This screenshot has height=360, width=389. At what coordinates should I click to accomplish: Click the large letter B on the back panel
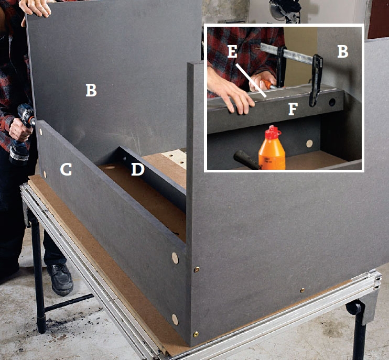tap(91, 90)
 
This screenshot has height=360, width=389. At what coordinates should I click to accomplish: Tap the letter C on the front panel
tap(66, 169)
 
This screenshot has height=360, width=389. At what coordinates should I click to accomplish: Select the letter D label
tap(138, 169)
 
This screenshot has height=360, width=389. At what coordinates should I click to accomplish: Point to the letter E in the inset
tap(232, 51)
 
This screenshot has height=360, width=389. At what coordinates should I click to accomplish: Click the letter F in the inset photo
tap(293, 109)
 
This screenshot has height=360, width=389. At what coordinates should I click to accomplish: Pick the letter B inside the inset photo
tap(343, 52)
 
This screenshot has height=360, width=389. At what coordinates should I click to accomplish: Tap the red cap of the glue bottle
tap(273, 132)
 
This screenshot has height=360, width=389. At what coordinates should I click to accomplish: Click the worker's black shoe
tap(60, 279)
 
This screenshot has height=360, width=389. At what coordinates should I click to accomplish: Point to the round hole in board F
tap(332, 102)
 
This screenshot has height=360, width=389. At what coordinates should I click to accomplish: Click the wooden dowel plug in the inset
tap(309, 143)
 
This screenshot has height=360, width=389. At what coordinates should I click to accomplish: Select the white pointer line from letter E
tap(251, 80)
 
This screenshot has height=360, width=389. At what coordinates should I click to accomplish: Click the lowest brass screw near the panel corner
tap(196, 334)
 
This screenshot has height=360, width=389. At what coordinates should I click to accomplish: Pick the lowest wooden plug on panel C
tap(175, 319)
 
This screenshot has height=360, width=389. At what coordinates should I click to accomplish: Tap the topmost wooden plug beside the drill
tap(41, 132)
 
